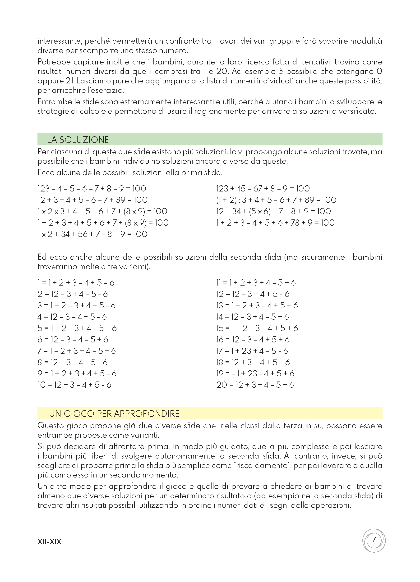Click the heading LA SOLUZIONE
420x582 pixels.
78,140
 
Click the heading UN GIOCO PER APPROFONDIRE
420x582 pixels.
114,414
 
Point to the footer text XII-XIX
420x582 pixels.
49,542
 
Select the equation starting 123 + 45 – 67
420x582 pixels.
263,189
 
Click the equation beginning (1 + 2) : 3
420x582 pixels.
276,200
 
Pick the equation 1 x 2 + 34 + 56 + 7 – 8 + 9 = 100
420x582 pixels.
92,234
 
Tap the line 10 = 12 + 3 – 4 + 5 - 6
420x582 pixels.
74,385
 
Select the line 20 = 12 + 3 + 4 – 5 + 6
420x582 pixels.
255,385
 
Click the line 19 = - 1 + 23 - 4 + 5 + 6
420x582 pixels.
255,373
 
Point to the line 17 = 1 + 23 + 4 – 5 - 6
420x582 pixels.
252,351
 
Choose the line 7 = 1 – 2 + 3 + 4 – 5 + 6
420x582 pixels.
77,351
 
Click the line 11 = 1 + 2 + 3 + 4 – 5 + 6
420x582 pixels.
256,283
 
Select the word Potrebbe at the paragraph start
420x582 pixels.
54,62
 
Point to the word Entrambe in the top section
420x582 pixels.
55,102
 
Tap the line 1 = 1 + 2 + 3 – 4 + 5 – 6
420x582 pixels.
76,283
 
